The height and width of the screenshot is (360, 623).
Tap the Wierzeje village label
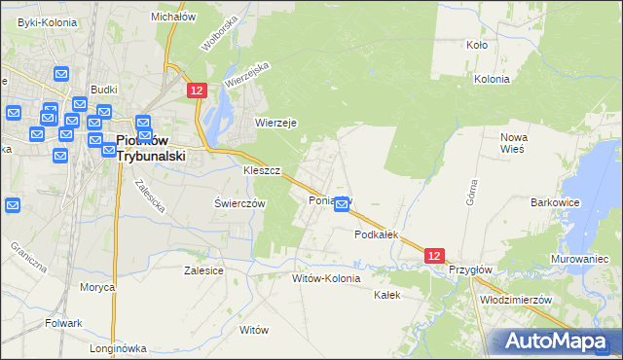[x=275, y=123]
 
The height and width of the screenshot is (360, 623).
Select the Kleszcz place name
[x=262, y=170]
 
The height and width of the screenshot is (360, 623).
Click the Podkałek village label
[x=378, y=234]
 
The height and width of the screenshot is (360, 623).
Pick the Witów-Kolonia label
[x=326, y=278]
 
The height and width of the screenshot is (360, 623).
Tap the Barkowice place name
[x=556, y=202]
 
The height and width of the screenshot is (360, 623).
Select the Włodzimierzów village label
[x=516, y=300]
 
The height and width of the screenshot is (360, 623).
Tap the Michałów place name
[x=174, y=17]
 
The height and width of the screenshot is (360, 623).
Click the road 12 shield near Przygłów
[x=435, y=255]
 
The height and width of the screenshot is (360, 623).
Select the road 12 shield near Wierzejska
[x=197, y=90]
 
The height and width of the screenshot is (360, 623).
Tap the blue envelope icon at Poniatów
[x=342, y=203]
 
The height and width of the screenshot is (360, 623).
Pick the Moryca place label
[x=97, y=287]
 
